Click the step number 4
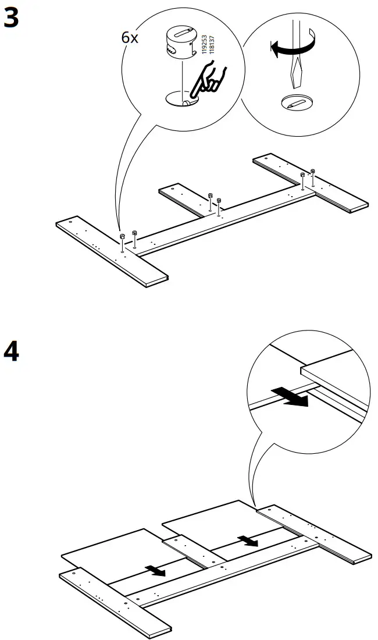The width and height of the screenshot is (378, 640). tap(11, 353)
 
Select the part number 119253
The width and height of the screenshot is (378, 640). tap(204, 44)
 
